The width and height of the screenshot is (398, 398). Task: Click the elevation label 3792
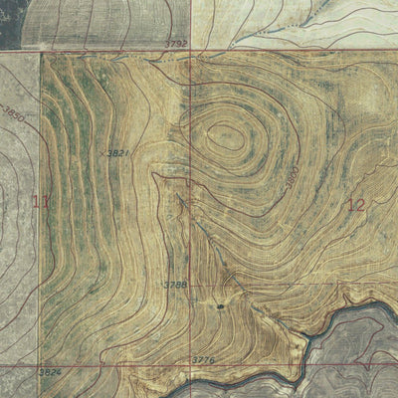[x=177, y=44]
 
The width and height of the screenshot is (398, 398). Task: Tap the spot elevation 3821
[x=117, y=152]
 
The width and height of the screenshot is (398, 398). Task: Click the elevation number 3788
[x=175, y=285]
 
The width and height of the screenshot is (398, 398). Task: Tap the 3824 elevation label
[x=20, y=372]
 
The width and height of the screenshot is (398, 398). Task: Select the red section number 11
[x=41, y=203]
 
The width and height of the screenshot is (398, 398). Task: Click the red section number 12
[x=356, y=205]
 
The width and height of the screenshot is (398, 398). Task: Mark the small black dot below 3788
[x=220, y=306]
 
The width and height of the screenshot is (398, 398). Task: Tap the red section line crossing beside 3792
[x=191, y=51]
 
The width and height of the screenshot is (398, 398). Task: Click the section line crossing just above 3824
[x=41, y=365]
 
